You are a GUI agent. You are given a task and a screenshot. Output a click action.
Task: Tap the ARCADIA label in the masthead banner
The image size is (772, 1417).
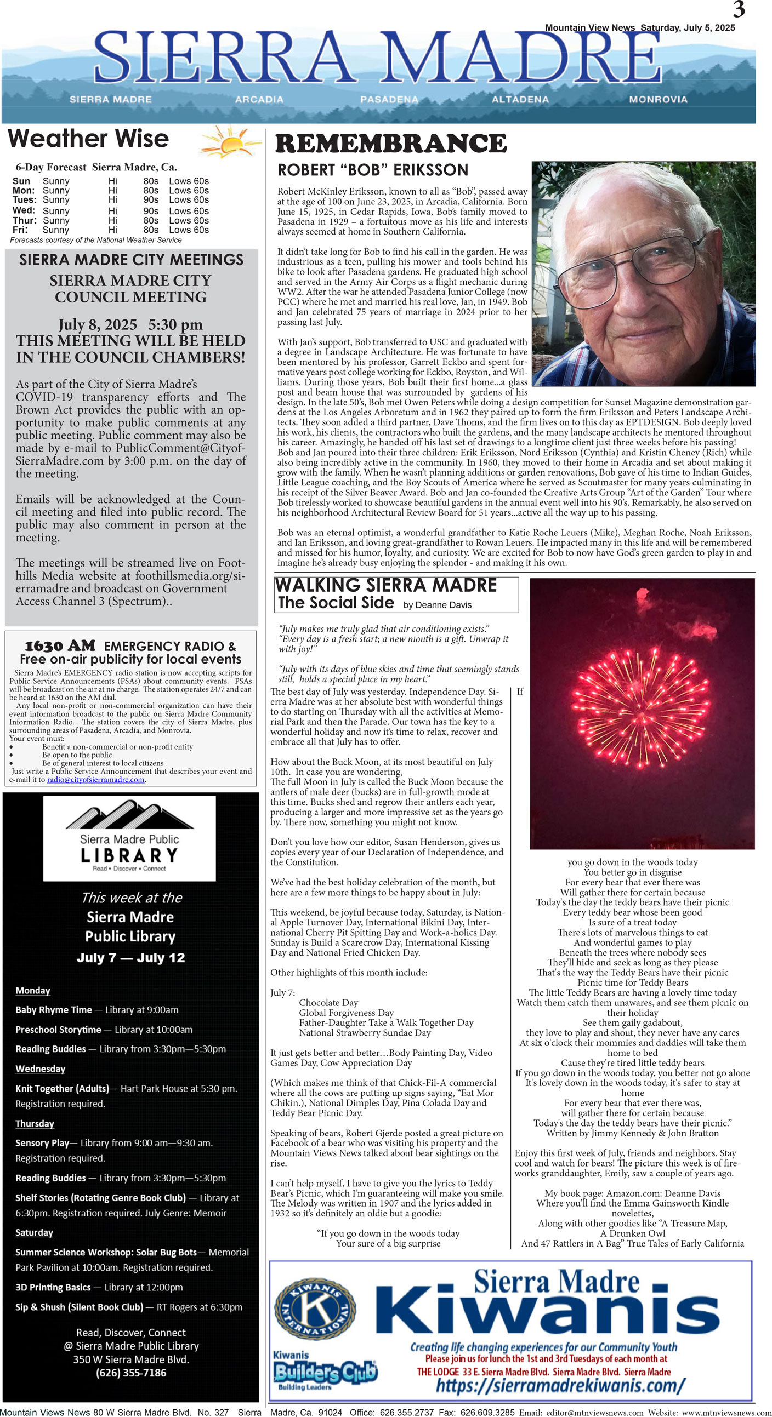point(259,100)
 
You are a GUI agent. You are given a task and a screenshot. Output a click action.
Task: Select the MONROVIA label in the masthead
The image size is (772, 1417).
point(658,100)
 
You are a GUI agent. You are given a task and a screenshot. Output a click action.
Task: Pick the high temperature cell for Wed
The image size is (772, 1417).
point(151,210)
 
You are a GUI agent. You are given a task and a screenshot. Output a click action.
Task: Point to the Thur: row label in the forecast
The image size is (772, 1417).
point(24,221)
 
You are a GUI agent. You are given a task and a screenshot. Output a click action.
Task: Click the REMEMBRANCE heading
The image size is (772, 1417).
point(390,144)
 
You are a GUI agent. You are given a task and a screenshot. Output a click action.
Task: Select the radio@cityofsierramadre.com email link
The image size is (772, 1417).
point(96,780)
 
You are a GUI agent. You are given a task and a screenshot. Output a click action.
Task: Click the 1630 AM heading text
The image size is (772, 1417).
point(60,646)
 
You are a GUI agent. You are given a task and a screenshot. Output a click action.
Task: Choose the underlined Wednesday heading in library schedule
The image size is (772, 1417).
point(40,1069)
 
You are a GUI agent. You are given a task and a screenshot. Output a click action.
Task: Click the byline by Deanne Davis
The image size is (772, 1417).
point(437,605)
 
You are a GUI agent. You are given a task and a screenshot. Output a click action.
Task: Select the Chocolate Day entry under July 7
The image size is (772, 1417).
point(328,1002)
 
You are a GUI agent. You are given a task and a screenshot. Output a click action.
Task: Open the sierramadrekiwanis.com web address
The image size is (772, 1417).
point(560,1385)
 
